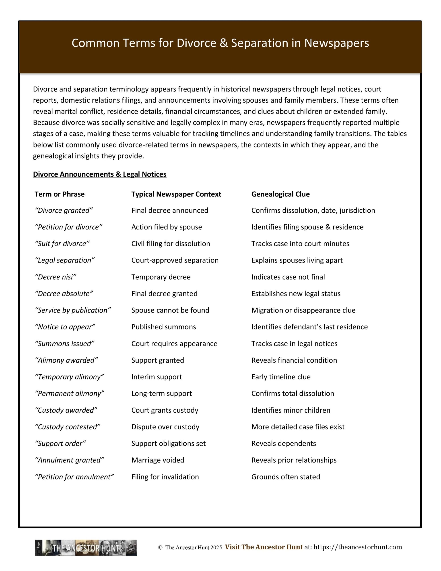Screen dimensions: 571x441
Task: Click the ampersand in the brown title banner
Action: [x=223, y=43]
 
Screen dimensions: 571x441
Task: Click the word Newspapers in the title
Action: [x=336, y=43]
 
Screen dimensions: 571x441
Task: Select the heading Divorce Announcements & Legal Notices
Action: [x=100, y=174]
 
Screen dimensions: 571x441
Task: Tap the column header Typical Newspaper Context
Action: [x=176, y=194]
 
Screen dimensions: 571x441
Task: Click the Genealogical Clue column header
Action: [x=280, y=194]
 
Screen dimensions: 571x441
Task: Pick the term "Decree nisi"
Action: [x=56, y=277]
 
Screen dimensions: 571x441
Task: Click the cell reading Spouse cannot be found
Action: [x=170, y=310]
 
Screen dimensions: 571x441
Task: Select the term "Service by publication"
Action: [x=73, y=310]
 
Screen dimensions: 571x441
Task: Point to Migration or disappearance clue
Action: [x=303, y=310]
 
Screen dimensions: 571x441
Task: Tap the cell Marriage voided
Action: [x=158, y=460]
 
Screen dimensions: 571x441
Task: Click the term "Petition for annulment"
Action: [x=74, y=477]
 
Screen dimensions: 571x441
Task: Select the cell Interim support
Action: [x=157, y=377]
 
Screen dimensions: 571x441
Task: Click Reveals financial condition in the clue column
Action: [x=294, y=360]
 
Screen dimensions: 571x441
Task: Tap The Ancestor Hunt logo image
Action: [x=86, y=548]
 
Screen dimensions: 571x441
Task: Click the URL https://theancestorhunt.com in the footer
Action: [x=358, y=547]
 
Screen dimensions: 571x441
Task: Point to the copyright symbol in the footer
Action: [x=160, y=548]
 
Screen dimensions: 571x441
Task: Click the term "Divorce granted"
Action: [x=64, y=211]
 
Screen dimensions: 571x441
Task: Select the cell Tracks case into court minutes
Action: [x=300, y=244]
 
